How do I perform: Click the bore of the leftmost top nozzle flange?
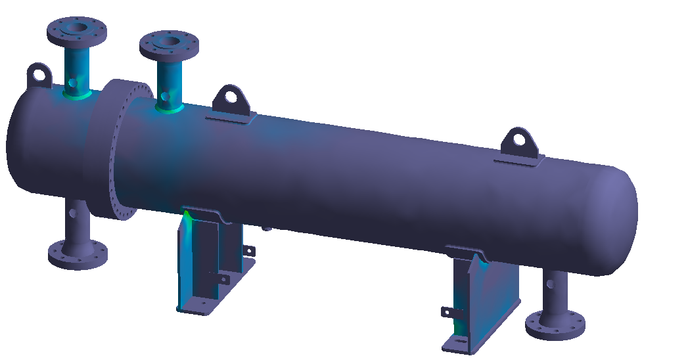point(77,29)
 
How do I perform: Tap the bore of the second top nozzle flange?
point(170,42)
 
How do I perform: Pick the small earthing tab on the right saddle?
point(447,311)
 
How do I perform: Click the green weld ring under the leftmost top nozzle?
point(78,95)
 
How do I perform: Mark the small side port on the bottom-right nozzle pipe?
point(550,284)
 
